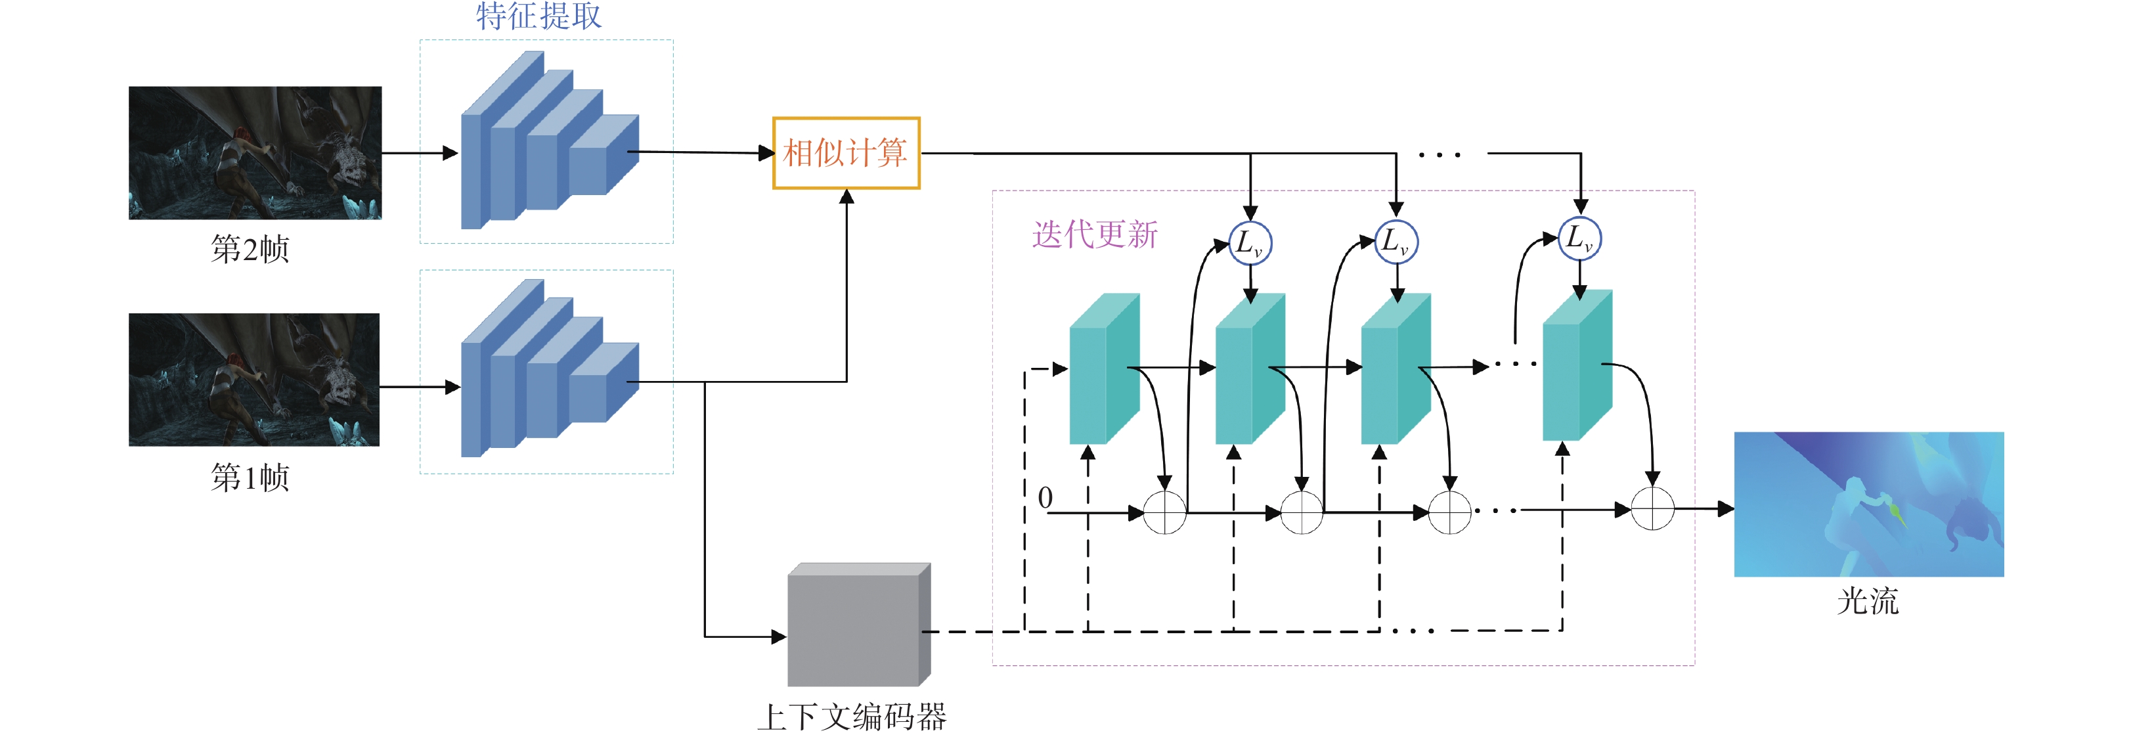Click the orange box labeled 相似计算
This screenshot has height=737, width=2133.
coord(845,153)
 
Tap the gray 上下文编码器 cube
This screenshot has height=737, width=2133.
coord(858,626)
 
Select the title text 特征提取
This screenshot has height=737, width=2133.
coord(539,16)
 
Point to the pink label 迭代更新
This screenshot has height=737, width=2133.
coord(1095,235)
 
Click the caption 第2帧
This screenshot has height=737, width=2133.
coord(250,249)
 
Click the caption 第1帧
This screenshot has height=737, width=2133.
coord(250,478)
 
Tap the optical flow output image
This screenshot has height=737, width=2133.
coord(1868,504)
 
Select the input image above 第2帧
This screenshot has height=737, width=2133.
coord(255,153)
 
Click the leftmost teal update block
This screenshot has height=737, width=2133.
coord(1104,369)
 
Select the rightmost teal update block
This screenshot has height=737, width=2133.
coord(1577,366)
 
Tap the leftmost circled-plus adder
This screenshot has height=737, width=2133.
coord(1164,512)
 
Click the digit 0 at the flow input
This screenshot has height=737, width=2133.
coord(1045,498)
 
